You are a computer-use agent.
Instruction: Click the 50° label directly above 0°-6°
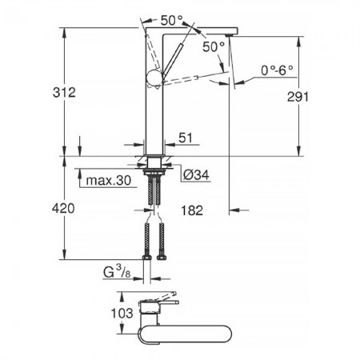point(213,47)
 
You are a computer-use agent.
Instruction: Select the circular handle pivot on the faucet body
point(153,78)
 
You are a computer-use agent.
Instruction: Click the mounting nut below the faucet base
point(154,169)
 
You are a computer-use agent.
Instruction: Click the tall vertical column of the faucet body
point(152,112)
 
